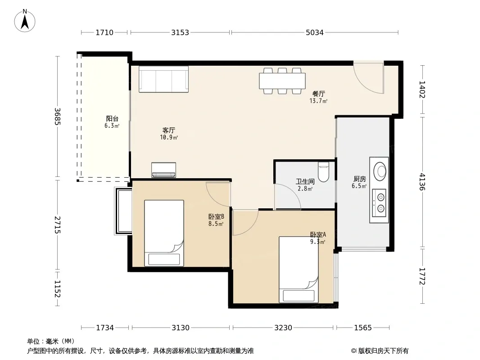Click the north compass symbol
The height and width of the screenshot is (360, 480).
(25, 21)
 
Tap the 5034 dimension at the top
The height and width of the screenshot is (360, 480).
(315, 32)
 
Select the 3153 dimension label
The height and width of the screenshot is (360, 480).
(180, 32)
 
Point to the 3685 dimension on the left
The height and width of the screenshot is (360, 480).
(57, 117)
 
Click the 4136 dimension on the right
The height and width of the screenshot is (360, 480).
(422, 182)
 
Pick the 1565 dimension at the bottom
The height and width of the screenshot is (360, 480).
(363, 328)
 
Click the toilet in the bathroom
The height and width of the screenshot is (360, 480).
(323, 171)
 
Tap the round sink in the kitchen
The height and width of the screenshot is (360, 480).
(380, 171)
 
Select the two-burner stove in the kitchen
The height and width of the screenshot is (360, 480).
(379, 203)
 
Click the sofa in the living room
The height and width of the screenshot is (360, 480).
(163, 79)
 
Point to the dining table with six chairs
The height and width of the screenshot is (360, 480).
(282, 81)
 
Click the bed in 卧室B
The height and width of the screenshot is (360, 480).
(164, 233)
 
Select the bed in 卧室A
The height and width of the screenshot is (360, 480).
(299, 270)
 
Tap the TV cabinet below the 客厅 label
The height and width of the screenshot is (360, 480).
(163, 170)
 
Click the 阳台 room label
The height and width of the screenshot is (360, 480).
(112, 119)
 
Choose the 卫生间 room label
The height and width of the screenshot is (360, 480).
(305, 182)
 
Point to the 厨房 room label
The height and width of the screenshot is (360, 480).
(359, 179)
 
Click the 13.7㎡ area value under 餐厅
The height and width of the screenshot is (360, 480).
(318, 101)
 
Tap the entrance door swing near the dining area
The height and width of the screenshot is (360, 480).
(368, 78)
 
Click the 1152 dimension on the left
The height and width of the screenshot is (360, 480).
(57, 289)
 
